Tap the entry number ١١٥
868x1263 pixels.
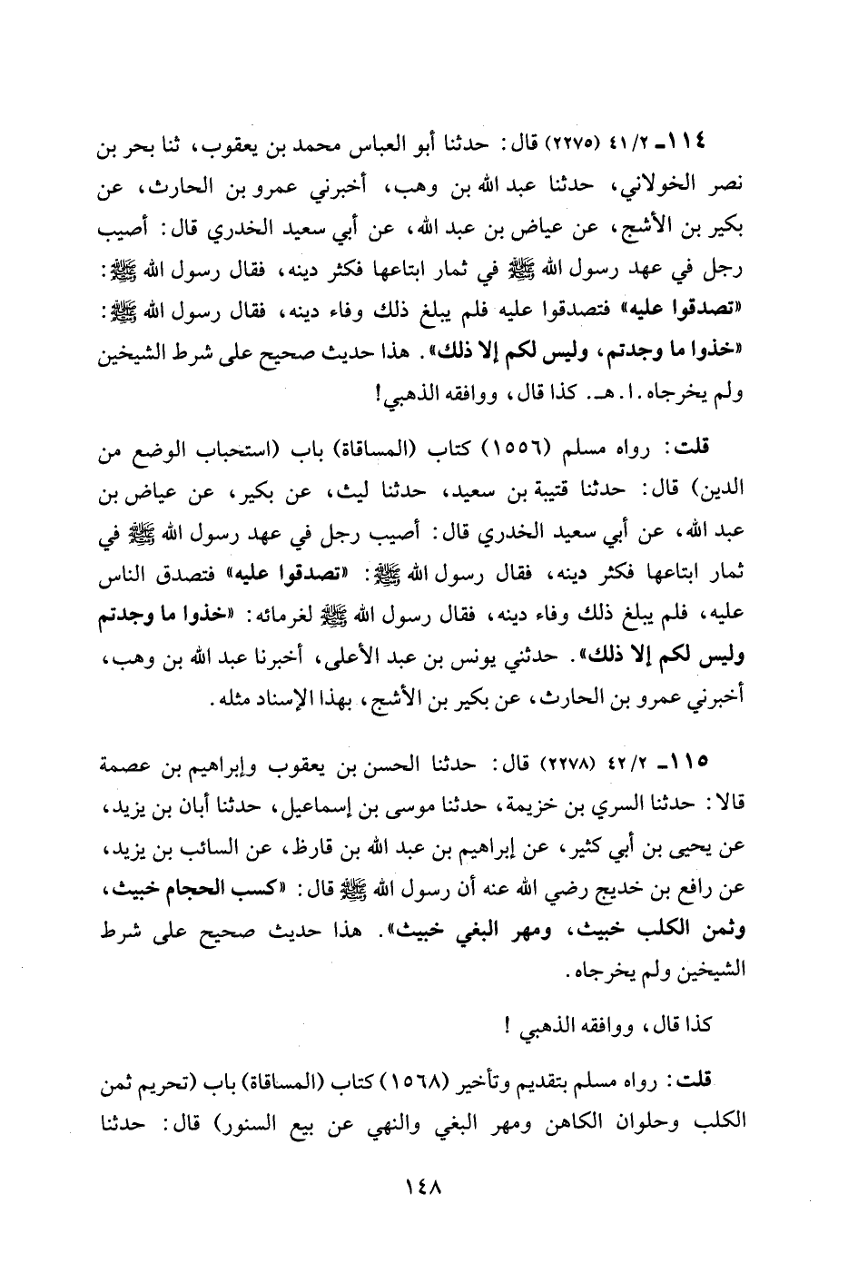(x=715, y=758)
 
